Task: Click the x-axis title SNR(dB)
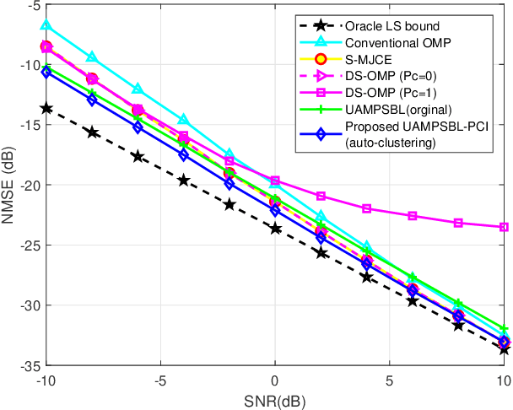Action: coord(275,398)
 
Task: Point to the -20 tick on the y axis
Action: coord(28,185)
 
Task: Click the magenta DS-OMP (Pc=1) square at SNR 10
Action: coord(504,227)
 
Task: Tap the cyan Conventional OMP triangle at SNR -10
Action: coord(46,26)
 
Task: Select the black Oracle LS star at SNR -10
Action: coord(46,108)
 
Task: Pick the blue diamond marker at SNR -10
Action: coord(46,73)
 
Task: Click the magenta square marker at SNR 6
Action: coord(413,216)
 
